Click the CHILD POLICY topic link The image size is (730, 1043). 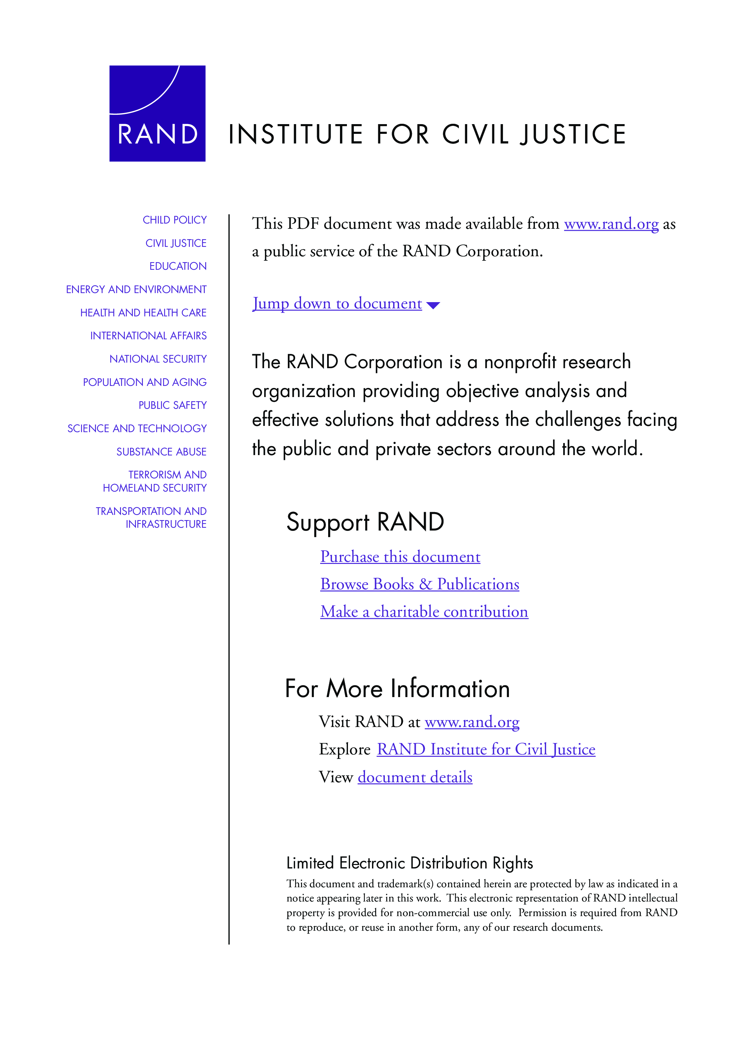(175, 220)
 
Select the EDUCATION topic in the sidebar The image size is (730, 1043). (178, 266)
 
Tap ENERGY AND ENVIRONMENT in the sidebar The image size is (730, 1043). (136, 289)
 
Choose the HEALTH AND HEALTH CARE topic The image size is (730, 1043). (143, 313)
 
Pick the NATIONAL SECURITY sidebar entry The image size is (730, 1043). (157, 359)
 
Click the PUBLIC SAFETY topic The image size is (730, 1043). (172, 405)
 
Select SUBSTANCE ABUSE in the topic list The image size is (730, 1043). (161, 452)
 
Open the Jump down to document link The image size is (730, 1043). (337, 303)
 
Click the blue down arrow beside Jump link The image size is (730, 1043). (433, 305)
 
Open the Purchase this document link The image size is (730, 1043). (400, 557)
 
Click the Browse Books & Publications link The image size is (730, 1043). (419, 584)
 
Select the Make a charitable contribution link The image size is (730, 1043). (424, 612)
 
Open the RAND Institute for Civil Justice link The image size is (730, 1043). (486, 749)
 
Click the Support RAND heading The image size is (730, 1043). (365, 521)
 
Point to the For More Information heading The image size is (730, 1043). (397, 688)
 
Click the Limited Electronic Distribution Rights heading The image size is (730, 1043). (409, 863)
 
